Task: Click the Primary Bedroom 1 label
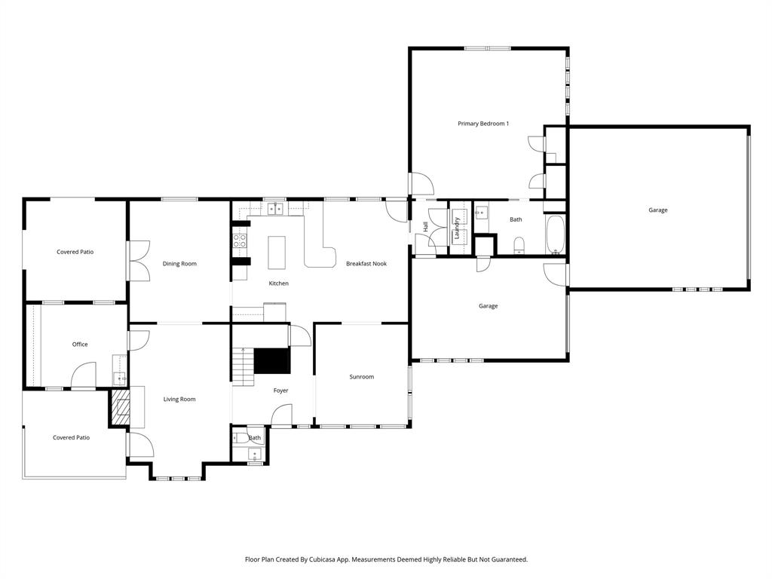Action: coord(483,123)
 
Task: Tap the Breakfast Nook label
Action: coord(366,264)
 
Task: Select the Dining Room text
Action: coord(179,264)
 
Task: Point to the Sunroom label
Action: coord(361,377)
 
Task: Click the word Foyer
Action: coord(280,391)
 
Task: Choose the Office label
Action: coord(80,345)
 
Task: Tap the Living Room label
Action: coord(179,400)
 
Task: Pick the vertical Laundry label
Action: coord(457,228)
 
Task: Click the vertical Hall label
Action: coord(426,226)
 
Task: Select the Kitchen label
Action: coord(279,283)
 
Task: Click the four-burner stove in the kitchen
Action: coord(240,241)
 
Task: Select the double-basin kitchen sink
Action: coord(275,209)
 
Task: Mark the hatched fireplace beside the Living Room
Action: coord(120,408)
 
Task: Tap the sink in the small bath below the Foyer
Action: coord(254,455)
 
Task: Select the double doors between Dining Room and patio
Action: coord(139,261)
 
